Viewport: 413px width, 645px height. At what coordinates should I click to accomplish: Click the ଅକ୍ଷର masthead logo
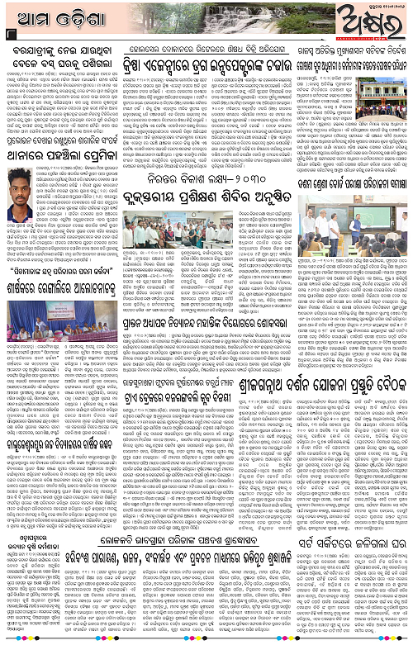pos(368,18)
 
